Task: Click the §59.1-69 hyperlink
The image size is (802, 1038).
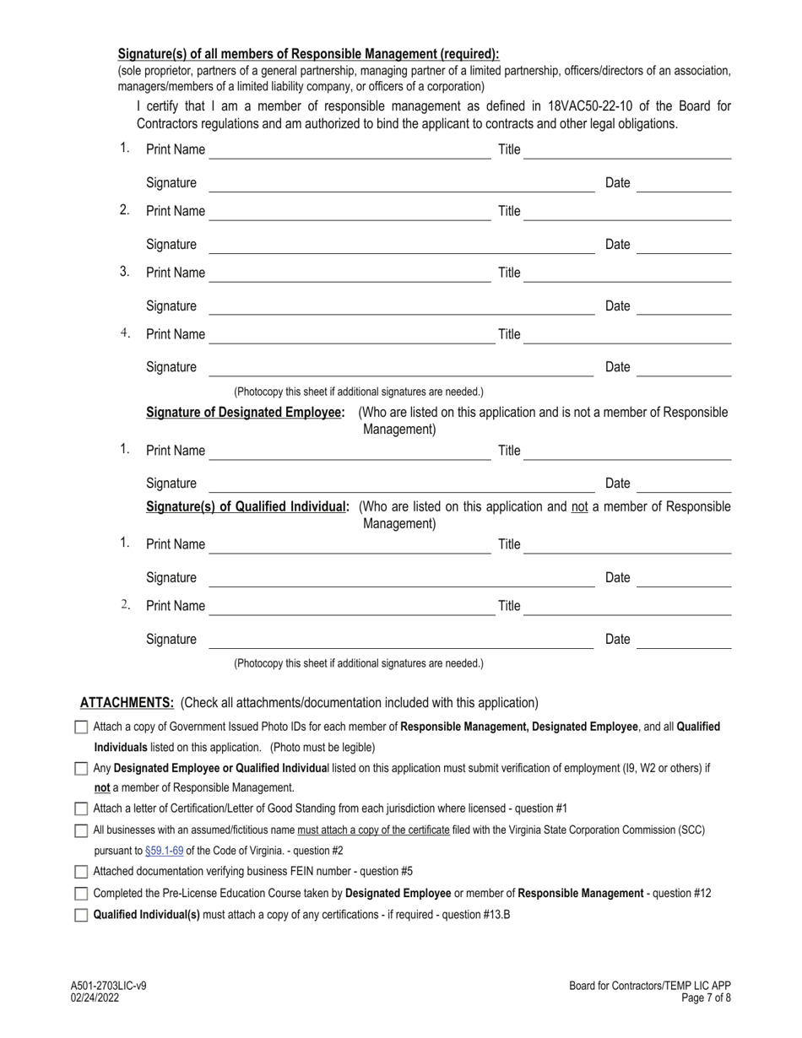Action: point(164,851)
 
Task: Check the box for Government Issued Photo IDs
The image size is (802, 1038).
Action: point(81,727)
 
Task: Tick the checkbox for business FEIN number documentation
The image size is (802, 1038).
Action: point(81,872)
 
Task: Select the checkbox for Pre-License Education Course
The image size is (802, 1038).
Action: point(81,893)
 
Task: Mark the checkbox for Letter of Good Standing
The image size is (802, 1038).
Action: point(81,808)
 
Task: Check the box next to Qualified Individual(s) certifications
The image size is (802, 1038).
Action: point(81,914)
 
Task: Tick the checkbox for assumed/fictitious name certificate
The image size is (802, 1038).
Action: point(81,830)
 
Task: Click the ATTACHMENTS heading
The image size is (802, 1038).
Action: point(127,703)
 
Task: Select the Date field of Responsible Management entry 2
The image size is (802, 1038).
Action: point(683,245)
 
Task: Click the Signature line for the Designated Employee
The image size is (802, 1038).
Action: point(401,484)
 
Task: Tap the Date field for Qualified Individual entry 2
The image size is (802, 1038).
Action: point(683,640)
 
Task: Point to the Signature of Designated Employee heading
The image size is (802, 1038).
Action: point(246,413)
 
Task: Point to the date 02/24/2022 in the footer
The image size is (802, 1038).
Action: point(95,997)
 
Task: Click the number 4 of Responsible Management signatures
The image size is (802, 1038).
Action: point(124,333)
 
